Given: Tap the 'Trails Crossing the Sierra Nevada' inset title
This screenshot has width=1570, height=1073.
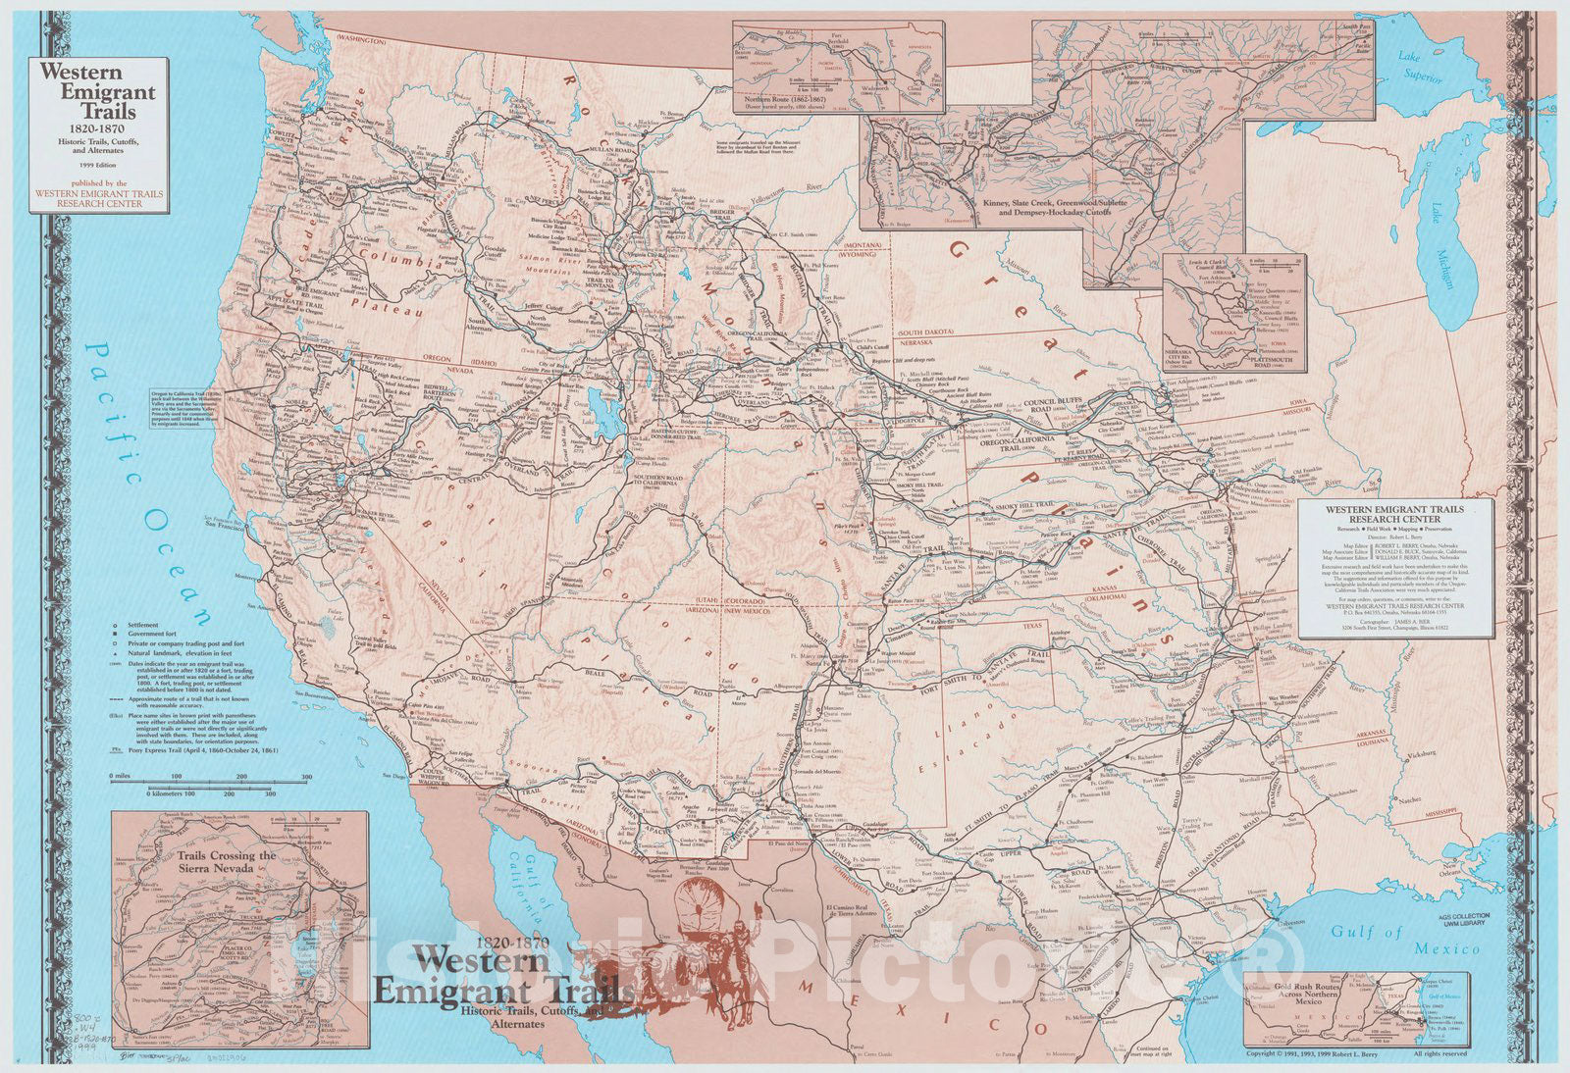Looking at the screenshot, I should (x=227, y=862).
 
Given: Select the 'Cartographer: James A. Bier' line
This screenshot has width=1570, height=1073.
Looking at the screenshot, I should (x=1393, y=624).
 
